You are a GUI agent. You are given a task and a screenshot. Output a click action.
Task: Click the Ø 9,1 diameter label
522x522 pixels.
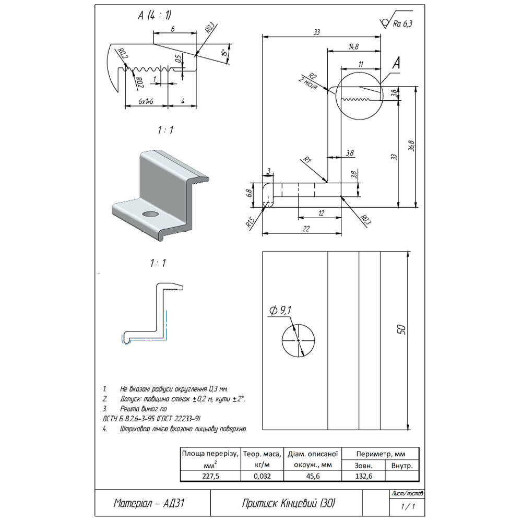pos(280,311)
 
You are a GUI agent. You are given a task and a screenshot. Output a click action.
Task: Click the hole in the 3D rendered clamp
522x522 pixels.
pos(151,215)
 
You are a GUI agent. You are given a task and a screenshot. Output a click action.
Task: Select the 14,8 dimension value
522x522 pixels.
pos(352,46)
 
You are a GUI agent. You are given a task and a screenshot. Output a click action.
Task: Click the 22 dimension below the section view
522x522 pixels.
pos(306,228)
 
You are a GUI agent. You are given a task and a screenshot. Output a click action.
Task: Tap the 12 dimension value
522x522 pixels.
pos(321,212)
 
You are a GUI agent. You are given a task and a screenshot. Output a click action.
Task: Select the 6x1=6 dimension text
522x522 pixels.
pos(146,101)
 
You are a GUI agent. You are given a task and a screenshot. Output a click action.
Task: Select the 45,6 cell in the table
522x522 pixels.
pos(312,476)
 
